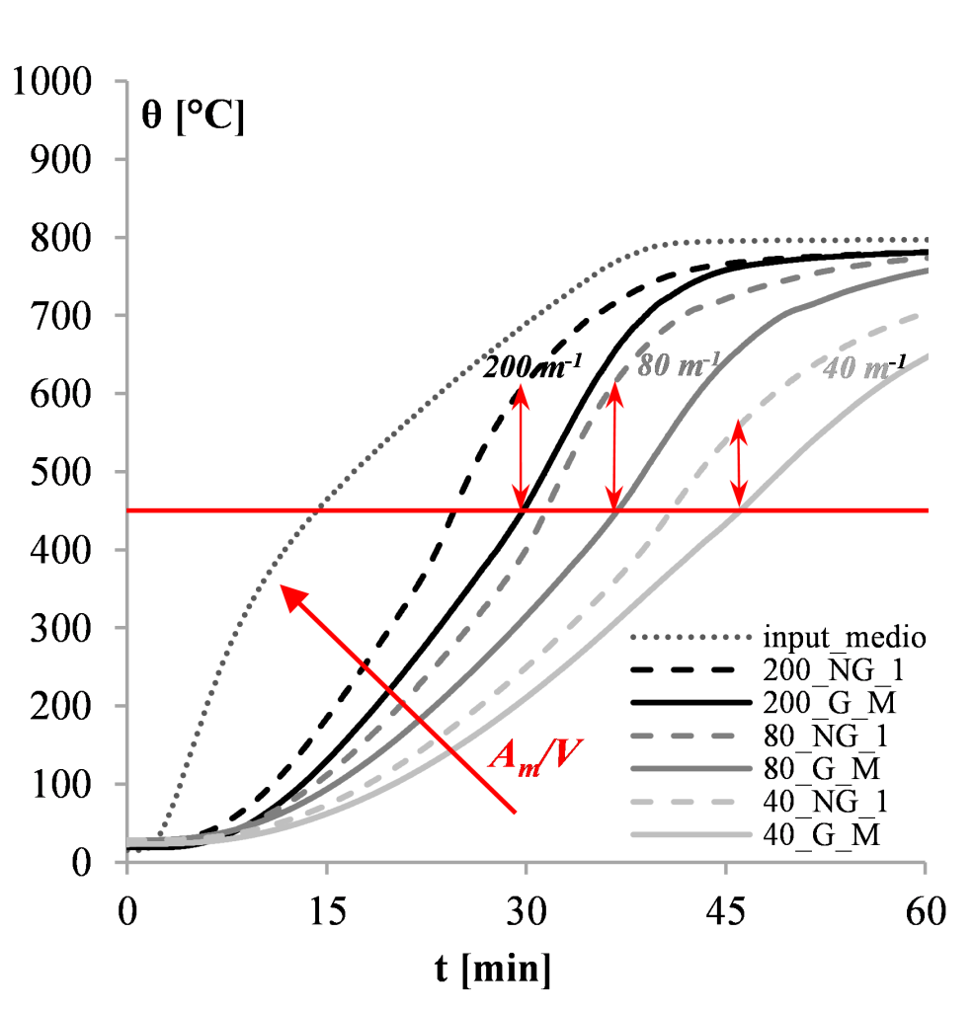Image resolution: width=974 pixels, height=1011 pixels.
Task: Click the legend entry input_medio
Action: point(845,638)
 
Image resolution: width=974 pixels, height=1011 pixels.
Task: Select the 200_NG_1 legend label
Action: point(834,670)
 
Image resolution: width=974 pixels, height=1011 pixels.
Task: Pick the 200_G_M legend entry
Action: point(830,703)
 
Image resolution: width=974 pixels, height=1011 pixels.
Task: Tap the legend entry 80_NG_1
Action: point(826,736)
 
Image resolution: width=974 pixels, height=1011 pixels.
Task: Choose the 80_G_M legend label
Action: point(822,768)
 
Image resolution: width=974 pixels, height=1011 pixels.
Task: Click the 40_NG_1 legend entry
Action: point(826,802)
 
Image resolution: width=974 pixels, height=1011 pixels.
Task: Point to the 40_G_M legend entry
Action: point(822,835)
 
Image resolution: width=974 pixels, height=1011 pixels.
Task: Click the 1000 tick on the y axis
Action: point(52,82)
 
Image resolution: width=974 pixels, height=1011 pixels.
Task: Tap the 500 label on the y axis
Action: point(61,472)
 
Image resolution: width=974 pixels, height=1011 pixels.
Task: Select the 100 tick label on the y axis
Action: point(61,785)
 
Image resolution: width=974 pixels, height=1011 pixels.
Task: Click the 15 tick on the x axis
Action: point(327,912)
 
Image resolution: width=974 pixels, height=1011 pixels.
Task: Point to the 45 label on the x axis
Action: point(726,912)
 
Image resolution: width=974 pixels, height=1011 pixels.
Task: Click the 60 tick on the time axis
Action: point(926,912)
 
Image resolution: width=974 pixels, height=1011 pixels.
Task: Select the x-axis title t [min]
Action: point(493,970)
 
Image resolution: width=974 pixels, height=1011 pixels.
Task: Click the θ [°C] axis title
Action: point(193,117)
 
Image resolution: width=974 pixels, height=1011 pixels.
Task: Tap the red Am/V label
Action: point(535,755)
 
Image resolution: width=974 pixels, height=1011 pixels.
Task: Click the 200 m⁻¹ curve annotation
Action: point(532,366)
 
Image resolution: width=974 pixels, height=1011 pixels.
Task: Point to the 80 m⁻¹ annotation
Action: point(680,365)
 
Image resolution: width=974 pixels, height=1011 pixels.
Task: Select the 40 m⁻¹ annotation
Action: point(865,367)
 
